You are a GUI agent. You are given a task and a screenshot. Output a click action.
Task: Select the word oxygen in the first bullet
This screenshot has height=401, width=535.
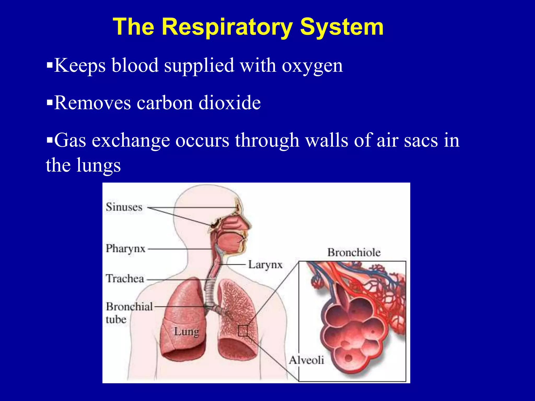(x=312, y=66)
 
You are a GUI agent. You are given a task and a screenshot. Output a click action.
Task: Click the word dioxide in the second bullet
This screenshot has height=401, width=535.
(x=230, y=103)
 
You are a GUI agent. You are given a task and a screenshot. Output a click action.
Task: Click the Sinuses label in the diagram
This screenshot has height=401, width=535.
(x=124, y=207)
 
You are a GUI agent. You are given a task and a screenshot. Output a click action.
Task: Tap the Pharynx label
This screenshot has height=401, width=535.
(x=125, y=248)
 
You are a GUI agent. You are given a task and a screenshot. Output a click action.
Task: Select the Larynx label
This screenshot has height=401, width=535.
(x=265, y=265)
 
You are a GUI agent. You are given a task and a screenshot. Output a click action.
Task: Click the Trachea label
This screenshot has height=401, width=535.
(x=125, y=279)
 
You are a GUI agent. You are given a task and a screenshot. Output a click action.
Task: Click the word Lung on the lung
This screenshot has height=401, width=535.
(x=187, y=332)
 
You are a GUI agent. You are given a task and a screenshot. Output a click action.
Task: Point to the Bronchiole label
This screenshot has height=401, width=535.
(x=354, y=252)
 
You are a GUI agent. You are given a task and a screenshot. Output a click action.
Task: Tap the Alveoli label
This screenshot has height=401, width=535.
(x=306, y=360)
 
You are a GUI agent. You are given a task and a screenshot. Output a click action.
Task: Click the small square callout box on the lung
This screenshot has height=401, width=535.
(x=243, y=331)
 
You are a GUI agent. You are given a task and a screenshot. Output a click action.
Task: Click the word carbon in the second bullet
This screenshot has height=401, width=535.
(x=165, y=103)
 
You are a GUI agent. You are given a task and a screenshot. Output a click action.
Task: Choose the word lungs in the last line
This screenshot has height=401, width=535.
(x=98, y=166)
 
